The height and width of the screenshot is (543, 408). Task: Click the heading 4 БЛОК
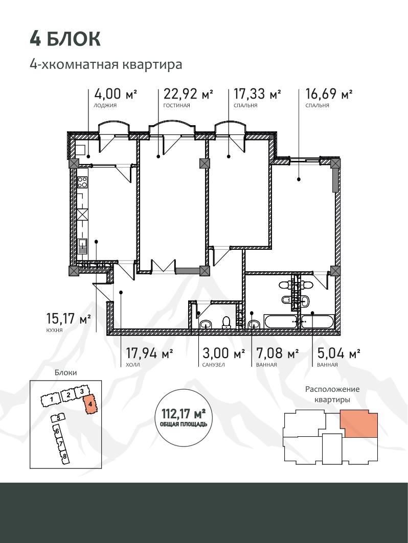pyautogui.click(x=65, y=39)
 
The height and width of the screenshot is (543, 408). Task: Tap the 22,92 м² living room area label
pyautogui.click(x=188, y=94)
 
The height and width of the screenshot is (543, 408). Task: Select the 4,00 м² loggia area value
pyautogui.click(x=116, y=94)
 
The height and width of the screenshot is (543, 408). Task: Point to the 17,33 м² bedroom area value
pyautogui.click(x=257, y=94)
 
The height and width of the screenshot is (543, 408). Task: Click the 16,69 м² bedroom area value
pyautogui.click(x=329, y=94)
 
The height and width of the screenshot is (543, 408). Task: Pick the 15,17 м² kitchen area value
pyautogui.click(x=69, y=319)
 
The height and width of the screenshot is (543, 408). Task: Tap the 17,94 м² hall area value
pyautogui.click(x=149, y=353)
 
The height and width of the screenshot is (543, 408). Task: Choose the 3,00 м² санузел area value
pyautogui.click(x=223, y=353)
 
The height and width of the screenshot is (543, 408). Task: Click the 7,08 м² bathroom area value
pyautogui.click(x=277, y=353)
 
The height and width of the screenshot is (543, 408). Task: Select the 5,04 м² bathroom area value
pyautogui.click(x=338, y=353)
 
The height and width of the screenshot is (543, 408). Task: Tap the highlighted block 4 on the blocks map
pyautogui.click(x=90, y=404)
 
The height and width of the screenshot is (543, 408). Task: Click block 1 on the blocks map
pyautogui.click(x=51, y=400)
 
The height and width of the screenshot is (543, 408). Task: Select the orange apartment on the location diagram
pyautogui.click(x=358, y=423)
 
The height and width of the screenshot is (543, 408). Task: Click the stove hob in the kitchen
pyautogui.click(x=82, y=182)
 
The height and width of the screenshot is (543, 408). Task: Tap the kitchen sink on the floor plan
pyautogui.click(x=82, y=247)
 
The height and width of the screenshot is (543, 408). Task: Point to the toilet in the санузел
pyautogui.click(x=226, y=322)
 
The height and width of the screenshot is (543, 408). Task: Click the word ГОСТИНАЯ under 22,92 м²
pyautogui.click(x=177, y=106)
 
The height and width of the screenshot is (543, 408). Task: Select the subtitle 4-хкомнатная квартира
pyautogui.click(x=106, y=64)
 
